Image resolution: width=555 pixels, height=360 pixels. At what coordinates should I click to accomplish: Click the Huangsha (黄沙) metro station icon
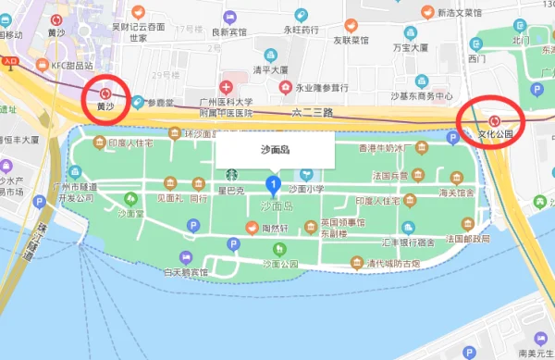[x=105, y=93]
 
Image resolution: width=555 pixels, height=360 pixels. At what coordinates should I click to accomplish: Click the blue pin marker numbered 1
[x=272, y=185]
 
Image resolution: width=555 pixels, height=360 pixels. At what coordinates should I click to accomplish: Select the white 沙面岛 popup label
[x=275, y=150]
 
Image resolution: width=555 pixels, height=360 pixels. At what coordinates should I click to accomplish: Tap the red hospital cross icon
[x=225, y=86]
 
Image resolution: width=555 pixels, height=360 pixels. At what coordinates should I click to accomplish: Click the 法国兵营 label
[x=388, y=175]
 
